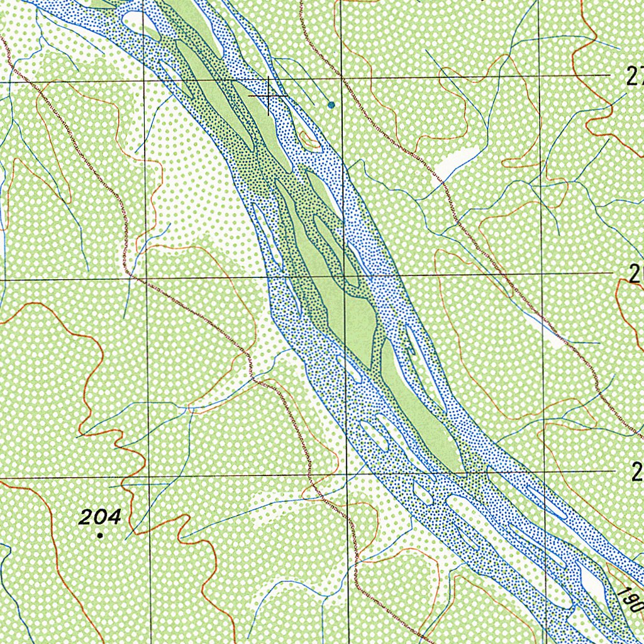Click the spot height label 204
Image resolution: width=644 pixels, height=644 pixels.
coord(99,517)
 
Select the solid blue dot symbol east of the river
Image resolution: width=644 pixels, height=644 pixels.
coord(331,104)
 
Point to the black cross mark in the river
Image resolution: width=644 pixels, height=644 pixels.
coord(270,96)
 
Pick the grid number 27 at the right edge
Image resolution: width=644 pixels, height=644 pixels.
coord(635,76)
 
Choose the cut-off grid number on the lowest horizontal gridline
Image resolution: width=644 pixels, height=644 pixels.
coord(638,472)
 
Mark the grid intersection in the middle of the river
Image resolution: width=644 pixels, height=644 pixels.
coord(345,275)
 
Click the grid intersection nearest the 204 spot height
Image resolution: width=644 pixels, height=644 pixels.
coord(148,476)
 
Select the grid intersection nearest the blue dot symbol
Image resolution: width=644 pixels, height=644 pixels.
coord(341,79)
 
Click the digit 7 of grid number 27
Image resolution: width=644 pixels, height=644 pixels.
coord(640,76)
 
